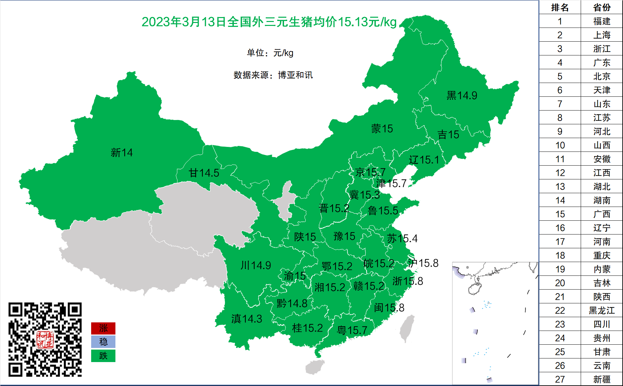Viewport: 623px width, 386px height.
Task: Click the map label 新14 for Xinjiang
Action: pyautogui.click(x=122, y=152)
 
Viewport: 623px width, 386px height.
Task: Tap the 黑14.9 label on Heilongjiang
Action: pyautogui.click(x=462, y=95)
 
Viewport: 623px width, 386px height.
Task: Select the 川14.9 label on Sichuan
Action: pyautogui.click(x=255, y=265)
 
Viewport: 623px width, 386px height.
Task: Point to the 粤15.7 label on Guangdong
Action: pyautogui.click(x=352, y=330)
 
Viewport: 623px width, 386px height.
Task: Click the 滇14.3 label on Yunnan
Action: pyautogui.click(x=247, y=318)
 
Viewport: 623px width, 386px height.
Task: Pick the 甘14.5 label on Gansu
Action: pyautogui.click(x=204, y=173)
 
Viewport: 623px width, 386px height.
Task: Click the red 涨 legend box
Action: pyautogui.click(x=103, y=328)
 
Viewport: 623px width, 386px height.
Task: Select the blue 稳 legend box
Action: pyautogui.click(x=103, y=342)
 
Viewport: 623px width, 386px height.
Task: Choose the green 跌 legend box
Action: pyautogui.click(x=103, y=356)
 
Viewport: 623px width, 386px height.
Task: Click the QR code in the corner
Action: pyautogui.click(x=45, y=339)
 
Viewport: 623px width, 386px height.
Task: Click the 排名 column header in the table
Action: pyautogui.click(x=560, y=7)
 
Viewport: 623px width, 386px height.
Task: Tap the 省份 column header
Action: pyautogui.click(x=602, y=7)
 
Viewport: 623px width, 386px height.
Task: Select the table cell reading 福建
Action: pyautogui.click(x=602, y=21)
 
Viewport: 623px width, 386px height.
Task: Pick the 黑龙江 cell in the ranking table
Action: pyautogui.click(x=602, y=310)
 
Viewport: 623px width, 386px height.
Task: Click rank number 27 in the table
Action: pyautogui.click(x=560, y=379)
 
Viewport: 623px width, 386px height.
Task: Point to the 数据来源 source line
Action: pyautogui.click(x=273, y=75)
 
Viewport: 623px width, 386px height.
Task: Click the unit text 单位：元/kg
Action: pyautogui.click(x=270, y=53)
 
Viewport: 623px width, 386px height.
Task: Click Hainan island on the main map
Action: pyautogui.click(x=315, y=367)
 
